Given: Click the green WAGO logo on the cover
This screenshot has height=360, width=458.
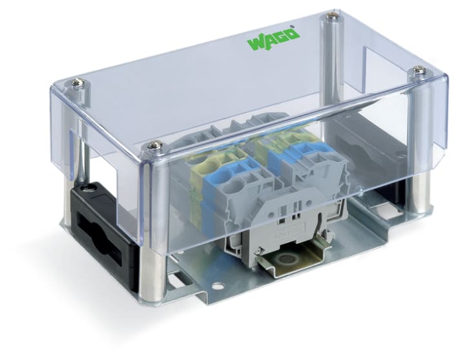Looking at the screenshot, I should [x=271, y=38].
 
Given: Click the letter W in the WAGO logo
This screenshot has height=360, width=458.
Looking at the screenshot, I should [x=254, y=43].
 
